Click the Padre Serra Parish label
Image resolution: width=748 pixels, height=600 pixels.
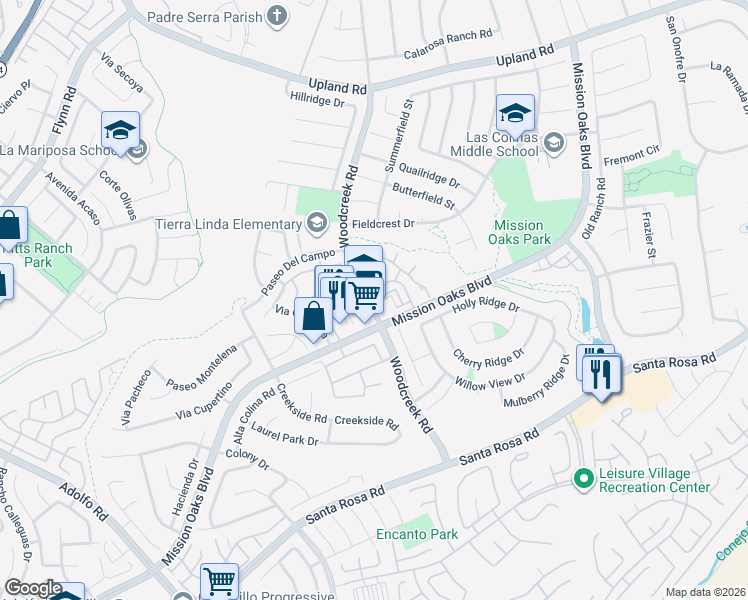(203, 16)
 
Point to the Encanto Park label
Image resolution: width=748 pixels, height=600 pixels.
(418, 534)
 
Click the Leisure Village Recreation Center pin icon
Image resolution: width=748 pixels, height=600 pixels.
(583, 480)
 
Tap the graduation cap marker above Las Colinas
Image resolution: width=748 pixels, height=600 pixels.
(515, 112)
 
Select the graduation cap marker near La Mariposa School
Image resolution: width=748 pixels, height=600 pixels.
(120, 130)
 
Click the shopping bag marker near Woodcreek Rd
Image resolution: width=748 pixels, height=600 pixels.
(313, 316)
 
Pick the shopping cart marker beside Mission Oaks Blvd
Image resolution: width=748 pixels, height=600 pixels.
(365, 295)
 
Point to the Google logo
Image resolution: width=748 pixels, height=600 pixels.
(33, 588)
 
